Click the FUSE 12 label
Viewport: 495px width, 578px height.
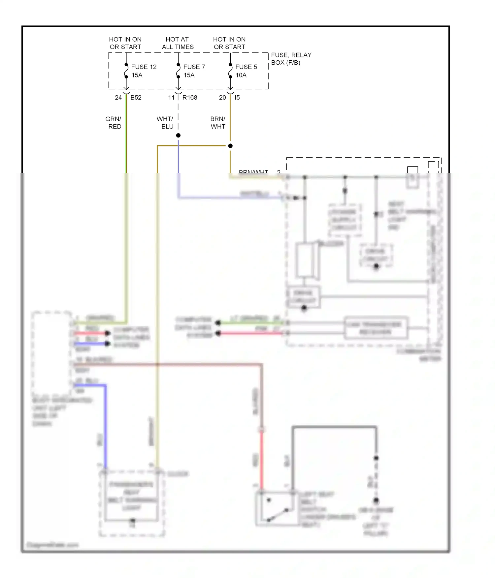144,67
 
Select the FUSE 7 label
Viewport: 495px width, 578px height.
194,67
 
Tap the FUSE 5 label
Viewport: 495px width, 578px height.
246,67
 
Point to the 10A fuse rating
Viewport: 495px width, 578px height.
241,75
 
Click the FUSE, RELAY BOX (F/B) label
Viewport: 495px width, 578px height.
291,59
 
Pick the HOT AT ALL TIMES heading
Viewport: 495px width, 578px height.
178,43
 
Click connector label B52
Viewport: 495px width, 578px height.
136,98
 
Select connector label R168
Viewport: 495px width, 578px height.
190,98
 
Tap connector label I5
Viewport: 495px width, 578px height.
237,98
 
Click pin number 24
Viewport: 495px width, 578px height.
118,98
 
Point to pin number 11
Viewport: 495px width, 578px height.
171,98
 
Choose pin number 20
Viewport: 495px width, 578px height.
222,98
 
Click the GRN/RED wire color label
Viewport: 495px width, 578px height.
114,123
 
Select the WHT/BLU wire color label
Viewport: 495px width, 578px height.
165,123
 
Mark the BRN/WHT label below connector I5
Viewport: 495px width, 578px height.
218,123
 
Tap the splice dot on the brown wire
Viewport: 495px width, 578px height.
230,146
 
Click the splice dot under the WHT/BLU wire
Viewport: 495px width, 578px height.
178,136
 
